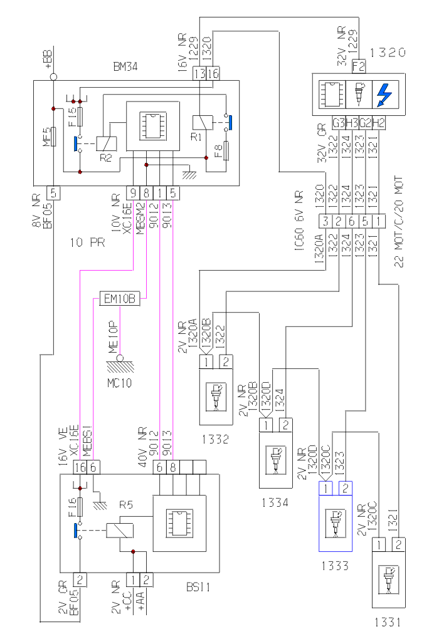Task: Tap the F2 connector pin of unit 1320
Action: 359,65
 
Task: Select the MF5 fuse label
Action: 45,135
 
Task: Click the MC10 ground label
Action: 119,383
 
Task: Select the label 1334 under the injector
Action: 276,502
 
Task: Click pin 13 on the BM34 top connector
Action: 199,73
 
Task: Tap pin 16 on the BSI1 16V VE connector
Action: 80,467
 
